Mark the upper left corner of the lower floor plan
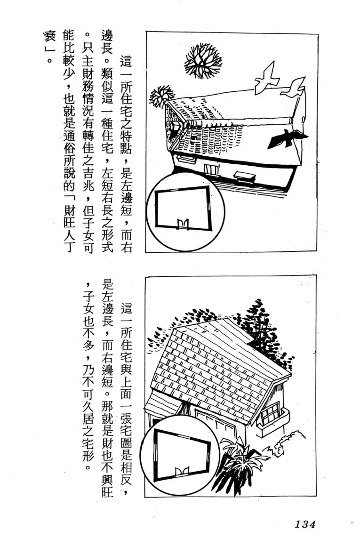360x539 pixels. [155, 430]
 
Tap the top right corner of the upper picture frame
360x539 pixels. [317, 34]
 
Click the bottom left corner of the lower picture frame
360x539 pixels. [145, 497]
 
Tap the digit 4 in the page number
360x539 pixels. [311, 524]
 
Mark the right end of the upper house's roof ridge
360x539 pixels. [292, 121]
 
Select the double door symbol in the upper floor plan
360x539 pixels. [183, 224]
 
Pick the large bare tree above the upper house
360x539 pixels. [203, 61]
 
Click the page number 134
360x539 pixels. [304, 524]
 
